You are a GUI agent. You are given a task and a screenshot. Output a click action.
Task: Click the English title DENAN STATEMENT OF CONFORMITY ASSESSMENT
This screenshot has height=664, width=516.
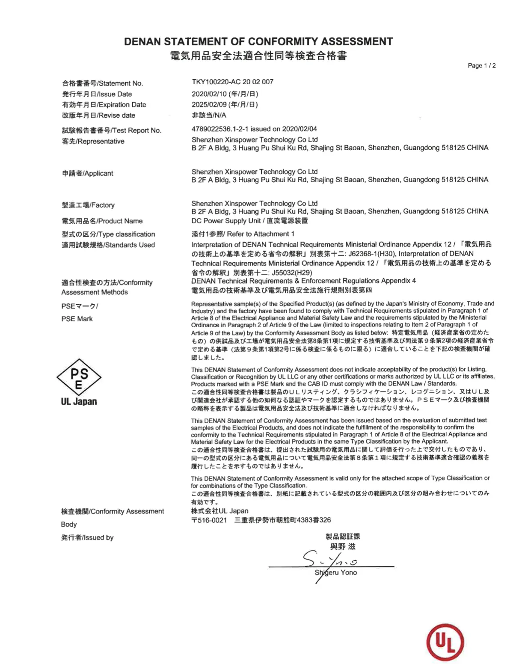pos(258,41)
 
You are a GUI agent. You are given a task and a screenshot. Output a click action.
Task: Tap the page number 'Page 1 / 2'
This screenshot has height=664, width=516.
pos(481,65)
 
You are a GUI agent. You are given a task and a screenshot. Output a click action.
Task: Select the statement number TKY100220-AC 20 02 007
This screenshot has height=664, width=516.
pos(232,82)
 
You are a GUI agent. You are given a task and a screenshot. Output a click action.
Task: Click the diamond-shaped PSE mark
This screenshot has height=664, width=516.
pos(79,377)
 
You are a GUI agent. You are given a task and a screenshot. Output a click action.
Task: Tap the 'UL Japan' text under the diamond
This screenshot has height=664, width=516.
pos(79,401)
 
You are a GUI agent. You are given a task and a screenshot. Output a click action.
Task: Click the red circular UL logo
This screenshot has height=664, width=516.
pos(445,642)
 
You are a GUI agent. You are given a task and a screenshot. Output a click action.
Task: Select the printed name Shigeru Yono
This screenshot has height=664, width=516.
pos(336,572)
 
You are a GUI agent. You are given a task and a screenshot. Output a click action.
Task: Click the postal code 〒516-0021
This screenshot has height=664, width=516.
pos(209,520)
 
